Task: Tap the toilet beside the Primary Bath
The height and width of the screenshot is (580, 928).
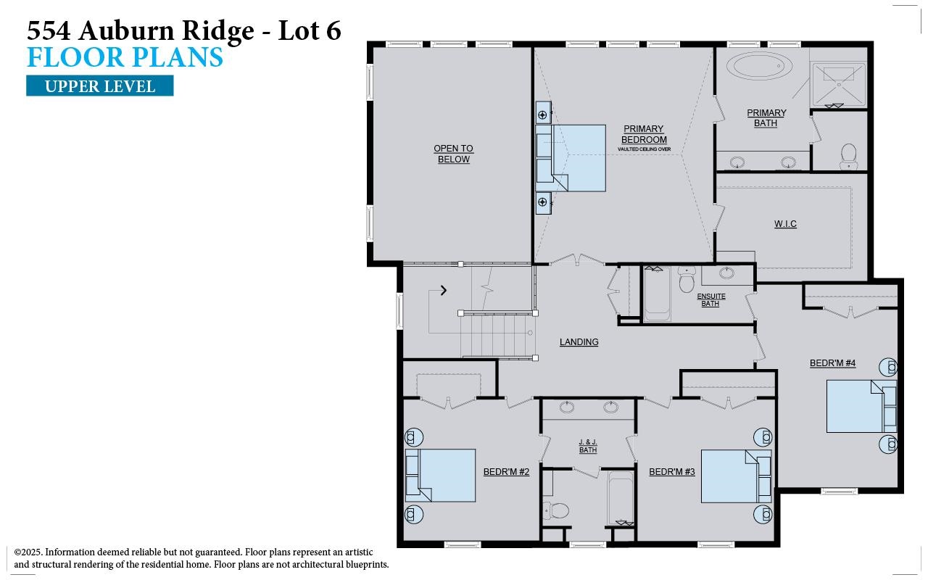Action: click(848, 155)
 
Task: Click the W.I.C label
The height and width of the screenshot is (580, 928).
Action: click(785, 224)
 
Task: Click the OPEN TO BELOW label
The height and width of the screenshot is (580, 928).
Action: click(453, 154)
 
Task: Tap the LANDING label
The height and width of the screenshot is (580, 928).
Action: click(579, 342)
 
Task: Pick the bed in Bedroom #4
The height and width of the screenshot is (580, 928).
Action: click(855, 407)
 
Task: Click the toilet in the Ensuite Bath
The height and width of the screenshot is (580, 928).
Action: click(687, 280)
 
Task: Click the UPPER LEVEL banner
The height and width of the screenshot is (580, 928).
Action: click(100, 86)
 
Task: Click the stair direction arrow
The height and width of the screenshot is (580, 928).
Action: click(444, 291)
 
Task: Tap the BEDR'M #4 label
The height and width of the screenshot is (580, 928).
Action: click(832, 363)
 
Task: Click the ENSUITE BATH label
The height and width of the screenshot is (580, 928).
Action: click(710, 300)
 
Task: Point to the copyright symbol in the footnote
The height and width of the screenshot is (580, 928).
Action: click(18, 552)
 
